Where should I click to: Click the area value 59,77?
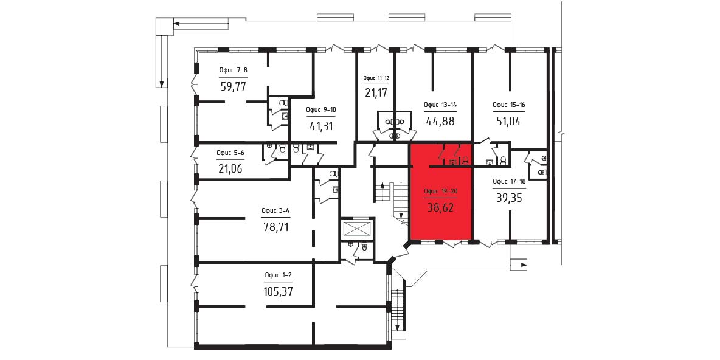click(234, 86)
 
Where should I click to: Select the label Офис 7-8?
click(234, 71)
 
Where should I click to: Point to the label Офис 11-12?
click(376, 78)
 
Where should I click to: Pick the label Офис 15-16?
click(509, 105)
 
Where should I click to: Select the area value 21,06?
click(230, 169)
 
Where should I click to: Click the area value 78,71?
click(276, 226)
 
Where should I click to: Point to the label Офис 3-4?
click(275, 211)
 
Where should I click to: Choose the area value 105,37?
click(279, 291)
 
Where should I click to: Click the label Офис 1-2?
click(279, 275)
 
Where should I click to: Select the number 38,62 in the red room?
click(440, 207)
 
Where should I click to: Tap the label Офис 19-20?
click(441, 192)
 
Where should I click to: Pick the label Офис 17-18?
click(509, 181)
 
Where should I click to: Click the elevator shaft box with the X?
click(356, 229)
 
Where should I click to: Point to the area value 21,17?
click(376, 93)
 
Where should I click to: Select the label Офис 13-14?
click(440, 105)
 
